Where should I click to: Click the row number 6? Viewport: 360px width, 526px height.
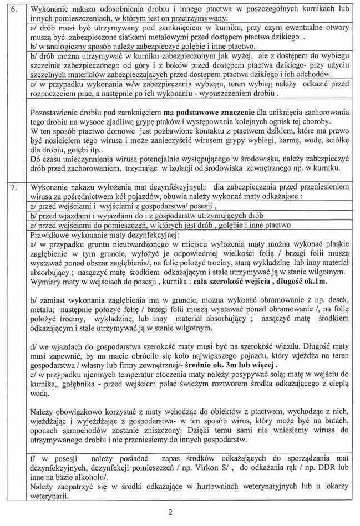pos(16,9)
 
